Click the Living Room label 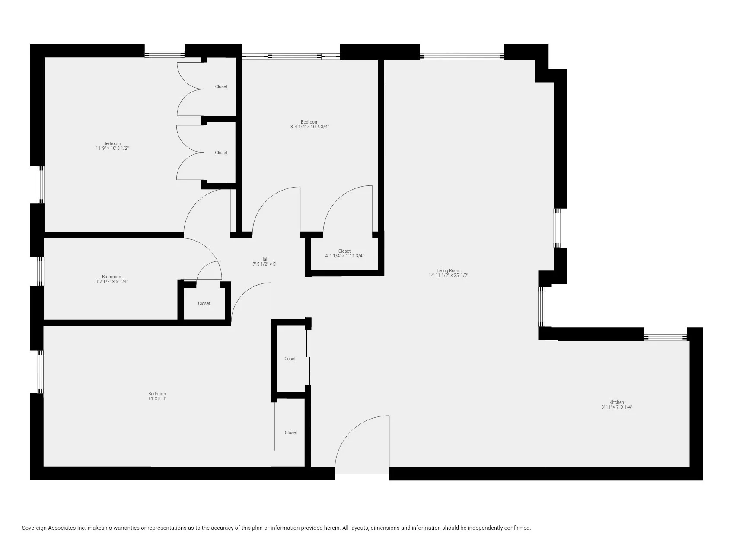click(x=448, y=270)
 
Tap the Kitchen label click(x=616, y=402)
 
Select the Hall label click(x=264, y=259)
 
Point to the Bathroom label click(x=112, y=276)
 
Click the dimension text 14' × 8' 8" click(x=157, y=398)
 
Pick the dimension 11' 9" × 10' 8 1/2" click(x=112, y=148)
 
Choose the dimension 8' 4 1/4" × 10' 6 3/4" click(x=309, y=127)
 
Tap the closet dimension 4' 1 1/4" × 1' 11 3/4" click(x=344, y=256)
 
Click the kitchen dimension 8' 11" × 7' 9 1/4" click(x=616, y=407)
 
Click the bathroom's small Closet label click(x=204, y=303)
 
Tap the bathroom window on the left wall click(x=41, y=271)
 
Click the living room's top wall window click(x=462, y=56)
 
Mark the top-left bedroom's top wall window click(x=164, y=54)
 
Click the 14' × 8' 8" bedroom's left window click(x=40, y=372)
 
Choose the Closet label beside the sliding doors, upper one click(x=289, y=359)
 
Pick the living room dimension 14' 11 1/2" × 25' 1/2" click(x=448, y=275)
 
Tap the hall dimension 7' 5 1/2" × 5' click(x=264, y=264)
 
